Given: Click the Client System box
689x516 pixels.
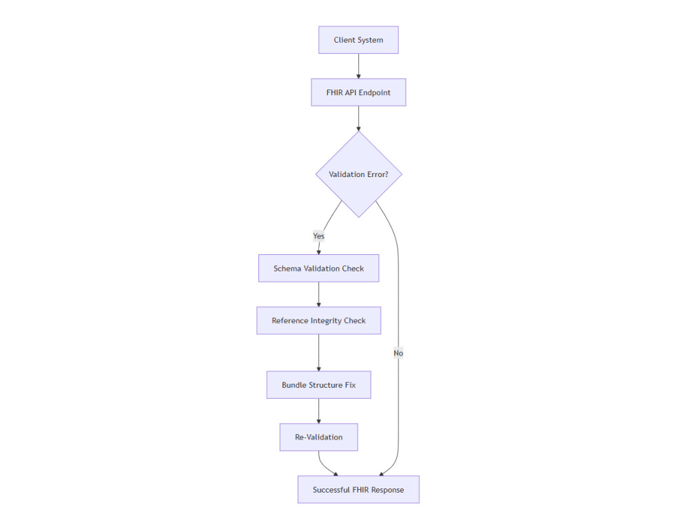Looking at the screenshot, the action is pyautogui.click(x=358, y=40).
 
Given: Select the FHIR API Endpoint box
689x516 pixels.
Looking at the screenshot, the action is pyautogui.click(x=358, y=92).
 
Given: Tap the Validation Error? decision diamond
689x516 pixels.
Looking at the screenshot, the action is pyautogui.click(x=358, y=174).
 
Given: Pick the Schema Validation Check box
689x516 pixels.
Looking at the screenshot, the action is pyautogui.click(x=318, y=268).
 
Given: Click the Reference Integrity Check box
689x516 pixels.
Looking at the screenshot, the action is pyautogui.click(x=318, y=320).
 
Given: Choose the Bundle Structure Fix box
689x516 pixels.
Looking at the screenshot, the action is pyautogui.click(x=318, y=385).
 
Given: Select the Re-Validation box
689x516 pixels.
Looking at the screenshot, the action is pyautogui.click(x=318, y=437).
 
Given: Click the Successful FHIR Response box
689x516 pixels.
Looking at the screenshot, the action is pyautogui.click(x=358, y=490).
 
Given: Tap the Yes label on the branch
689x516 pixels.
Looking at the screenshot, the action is pyautogui.click(x=318, y=236).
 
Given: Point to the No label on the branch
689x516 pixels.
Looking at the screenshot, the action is pyautogui.click(x=398, y=353).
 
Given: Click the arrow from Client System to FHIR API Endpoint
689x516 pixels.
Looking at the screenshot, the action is pyautogui.click(x=358, y=66).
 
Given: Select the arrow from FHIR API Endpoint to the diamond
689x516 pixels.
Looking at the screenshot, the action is pyautogui.click(x=358, y=118).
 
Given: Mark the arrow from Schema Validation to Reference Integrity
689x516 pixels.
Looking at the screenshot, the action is pyautogui.click(x=318, y=294).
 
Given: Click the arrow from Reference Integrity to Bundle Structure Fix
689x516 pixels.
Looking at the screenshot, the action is pyautogui.click(x=318, y=353).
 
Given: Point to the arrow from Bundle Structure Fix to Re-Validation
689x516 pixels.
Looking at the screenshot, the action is pyautogui.click(x=318, y=411).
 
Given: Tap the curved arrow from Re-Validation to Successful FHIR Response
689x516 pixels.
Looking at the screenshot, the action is pyautogui.click(x=325, y=466).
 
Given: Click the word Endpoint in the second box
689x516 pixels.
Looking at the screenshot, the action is pyautogui.click(x=374, y=92).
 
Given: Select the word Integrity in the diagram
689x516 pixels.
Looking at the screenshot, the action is pyautogui.click(x=326, y=321).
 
